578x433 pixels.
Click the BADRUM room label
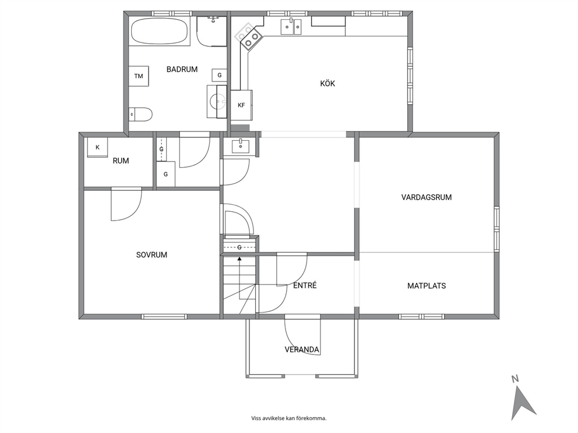182,69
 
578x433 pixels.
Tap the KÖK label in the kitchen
327,84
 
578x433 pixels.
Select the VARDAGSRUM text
427,197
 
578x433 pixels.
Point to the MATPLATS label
427,286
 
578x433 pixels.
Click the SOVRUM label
151,255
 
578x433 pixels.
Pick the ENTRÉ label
305,285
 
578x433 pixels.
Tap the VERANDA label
302,349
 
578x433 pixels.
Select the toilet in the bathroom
140,114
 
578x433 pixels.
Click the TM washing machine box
139,76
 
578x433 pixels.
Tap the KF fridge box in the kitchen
241,105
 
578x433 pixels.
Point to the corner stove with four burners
248,36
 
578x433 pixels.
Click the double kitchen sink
291,26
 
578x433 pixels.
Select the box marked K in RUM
97,147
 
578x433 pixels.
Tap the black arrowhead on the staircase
239,259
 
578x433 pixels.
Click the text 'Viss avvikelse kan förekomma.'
289,418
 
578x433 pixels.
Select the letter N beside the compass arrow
515,378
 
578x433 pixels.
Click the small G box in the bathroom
219,75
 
